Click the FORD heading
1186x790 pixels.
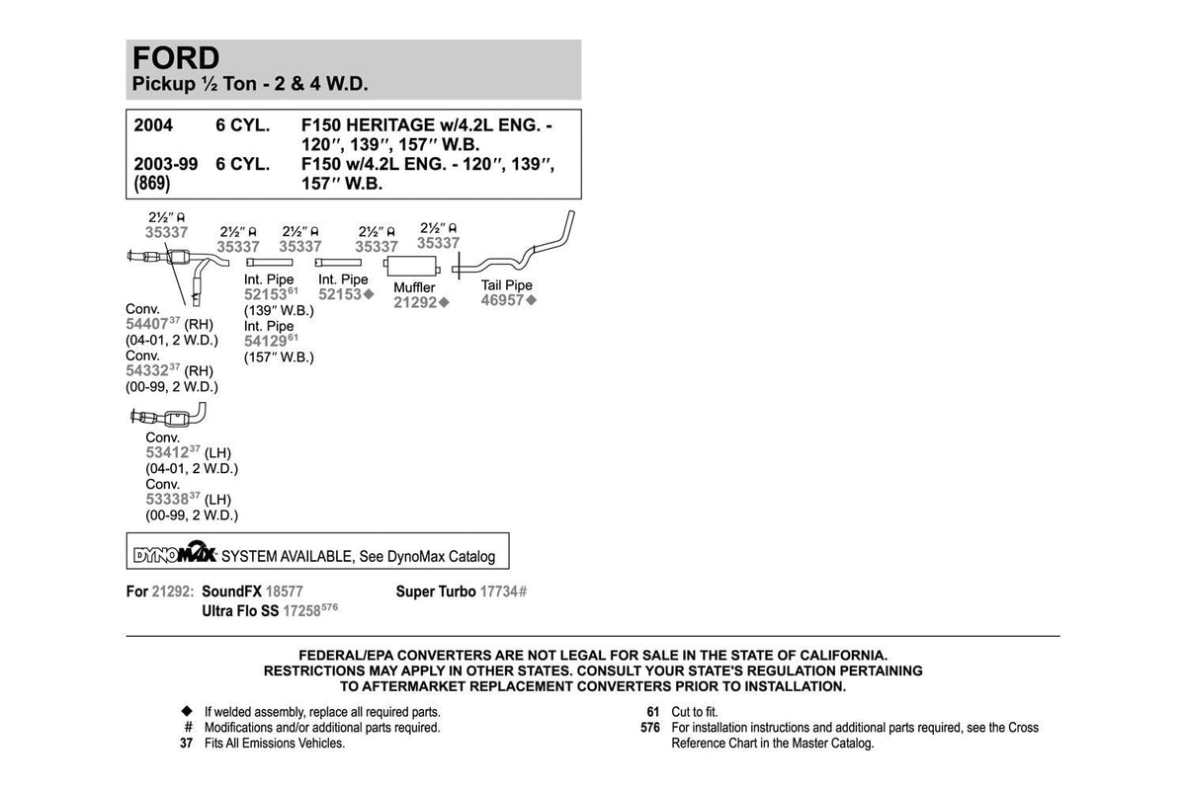(176, 58)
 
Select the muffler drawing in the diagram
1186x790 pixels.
(412, 267)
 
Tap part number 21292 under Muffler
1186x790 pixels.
(415, 302)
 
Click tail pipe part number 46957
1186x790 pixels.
(502, 300)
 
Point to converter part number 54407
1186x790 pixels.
(146, 324)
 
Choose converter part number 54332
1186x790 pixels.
(146, 370)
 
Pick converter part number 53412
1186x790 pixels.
(167, 452)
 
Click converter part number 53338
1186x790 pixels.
(167, 499)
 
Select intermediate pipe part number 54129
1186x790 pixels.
(265, 342)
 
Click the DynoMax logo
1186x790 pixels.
(175, 552)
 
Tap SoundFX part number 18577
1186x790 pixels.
(285, 592)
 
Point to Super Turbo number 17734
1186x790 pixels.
(499, 592)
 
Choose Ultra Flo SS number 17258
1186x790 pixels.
(301, 611)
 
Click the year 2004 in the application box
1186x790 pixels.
(153, 125)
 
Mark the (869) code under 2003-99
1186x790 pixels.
(152, 184)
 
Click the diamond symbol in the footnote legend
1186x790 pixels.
(187, 711)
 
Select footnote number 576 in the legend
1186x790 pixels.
(650, 728)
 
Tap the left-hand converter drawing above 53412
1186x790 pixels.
(168, 416)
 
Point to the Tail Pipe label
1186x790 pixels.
(507, 285)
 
